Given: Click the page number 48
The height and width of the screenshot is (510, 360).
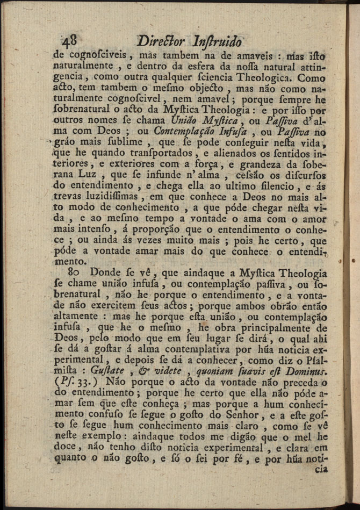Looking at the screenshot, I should point(70,41).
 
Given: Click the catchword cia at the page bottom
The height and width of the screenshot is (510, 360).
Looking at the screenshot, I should point(321,469).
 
